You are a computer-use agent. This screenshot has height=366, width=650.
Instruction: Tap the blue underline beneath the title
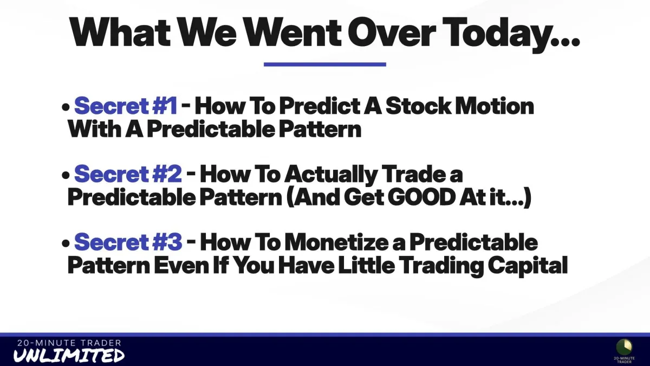(324, 65)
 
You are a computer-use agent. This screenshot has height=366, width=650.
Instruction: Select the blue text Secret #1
(126, 106)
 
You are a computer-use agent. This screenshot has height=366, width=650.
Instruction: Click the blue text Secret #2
(128, 174)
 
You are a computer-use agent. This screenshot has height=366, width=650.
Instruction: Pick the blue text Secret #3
(128, 242)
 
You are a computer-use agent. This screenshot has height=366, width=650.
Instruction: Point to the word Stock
(418, 106)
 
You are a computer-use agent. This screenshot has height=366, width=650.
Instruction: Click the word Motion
(495, 106)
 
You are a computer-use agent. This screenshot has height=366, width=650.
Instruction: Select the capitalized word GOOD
(421, 197)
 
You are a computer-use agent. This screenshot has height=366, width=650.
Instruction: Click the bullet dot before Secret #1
(66, 107)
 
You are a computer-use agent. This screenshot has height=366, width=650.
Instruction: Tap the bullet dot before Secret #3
(66, 243)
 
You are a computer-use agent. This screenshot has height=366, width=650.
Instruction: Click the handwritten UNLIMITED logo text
(69, 355)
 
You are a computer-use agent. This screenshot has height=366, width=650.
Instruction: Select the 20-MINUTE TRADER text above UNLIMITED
(69, 343)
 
